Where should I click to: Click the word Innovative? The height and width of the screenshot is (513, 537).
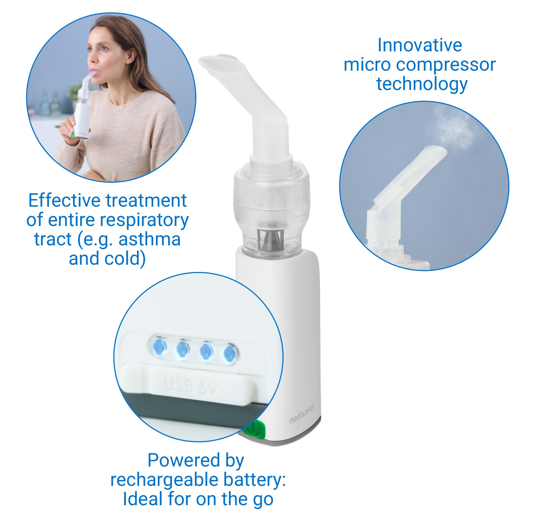point(419,45)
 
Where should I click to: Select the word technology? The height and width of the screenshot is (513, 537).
point(422,84)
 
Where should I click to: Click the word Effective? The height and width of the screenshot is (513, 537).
point(64,200)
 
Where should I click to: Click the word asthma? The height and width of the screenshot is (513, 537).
point(150,239)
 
